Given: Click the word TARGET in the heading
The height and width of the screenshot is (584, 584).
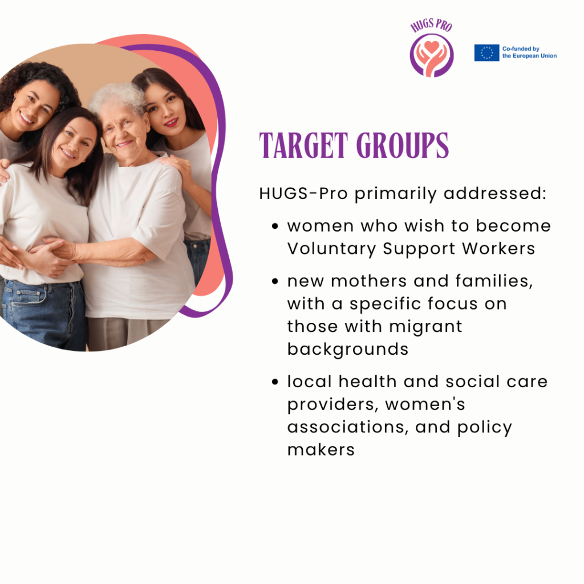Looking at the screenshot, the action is tap(303, 145).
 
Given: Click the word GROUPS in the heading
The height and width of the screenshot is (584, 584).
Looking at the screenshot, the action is tap(402, 145).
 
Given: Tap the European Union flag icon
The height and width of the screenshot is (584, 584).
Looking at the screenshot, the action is tap(486, 52).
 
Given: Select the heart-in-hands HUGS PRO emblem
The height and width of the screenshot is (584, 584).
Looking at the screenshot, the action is tap(432, 55).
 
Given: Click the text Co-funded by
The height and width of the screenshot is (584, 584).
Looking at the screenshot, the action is tap(521, 49).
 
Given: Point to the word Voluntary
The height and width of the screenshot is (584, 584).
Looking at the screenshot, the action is tap(331, 249).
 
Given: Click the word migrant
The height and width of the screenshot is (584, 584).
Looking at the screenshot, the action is tap(425, 327).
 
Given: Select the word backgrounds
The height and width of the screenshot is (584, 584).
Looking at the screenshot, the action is tap(348, 349).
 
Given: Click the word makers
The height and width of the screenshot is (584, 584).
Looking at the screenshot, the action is tap(321, 449).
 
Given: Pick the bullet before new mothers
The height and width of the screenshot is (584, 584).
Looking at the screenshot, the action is tap(275, 281).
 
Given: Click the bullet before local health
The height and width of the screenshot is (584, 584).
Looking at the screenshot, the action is tap(275, 382).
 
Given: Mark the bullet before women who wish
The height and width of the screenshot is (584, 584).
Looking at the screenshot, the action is tap(275, 226).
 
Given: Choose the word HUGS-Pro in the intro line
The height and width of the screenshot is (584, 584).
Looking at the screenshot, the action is tap(303, 193).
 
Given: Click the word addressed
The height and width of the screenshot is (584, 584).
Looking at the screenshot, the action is tap(495, 193).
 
